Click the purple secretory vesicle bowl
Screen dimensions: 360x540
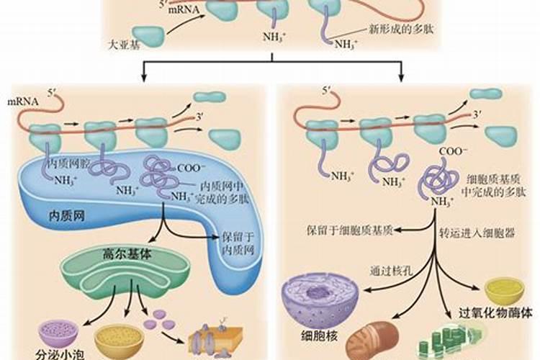tap(55, 333)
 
